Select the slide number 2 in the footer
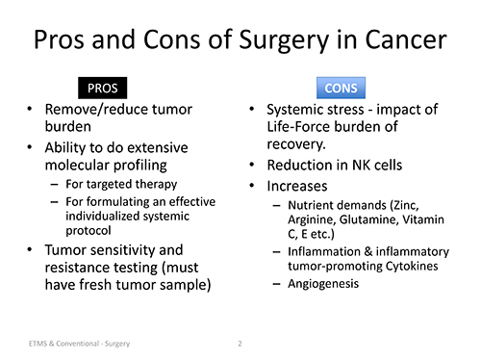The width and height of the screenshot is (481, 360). coord(240,341)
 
